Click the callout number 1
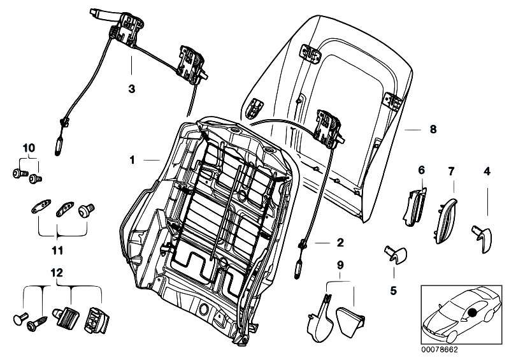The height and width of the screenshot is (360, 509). [132, 160]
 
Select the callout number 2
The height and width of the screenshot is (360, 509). [340, 243]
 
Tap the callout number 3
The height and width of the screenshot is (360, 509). [131, 89]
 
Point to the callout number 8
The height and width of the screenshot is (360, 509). [433, 129]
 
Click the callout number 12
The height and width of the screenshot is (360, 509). [57, 273]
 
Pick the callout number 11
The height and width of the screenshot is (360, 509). [57, 250]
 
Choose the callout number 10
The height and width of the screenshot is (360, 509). [29, 148]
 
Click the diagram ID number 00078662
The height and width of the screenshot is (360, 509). [440, 350]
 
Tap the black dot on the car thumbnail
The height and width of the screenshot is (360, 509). [473, 313]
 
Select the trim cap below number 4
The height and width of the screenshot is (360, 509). [482, 240]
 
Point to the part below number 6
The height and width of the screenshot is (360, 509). [413, 207]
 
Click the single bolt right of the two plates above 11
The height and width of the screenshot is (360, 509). [87, 210]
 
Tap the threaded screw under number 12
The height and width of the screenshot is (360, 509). [38, 324]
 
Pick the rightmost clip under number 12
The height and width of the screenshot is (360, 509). [96, 320]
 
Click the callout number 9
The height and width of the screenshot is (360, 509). [340, 266]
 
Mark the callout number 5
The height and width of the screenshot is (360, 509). [394, 291]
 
